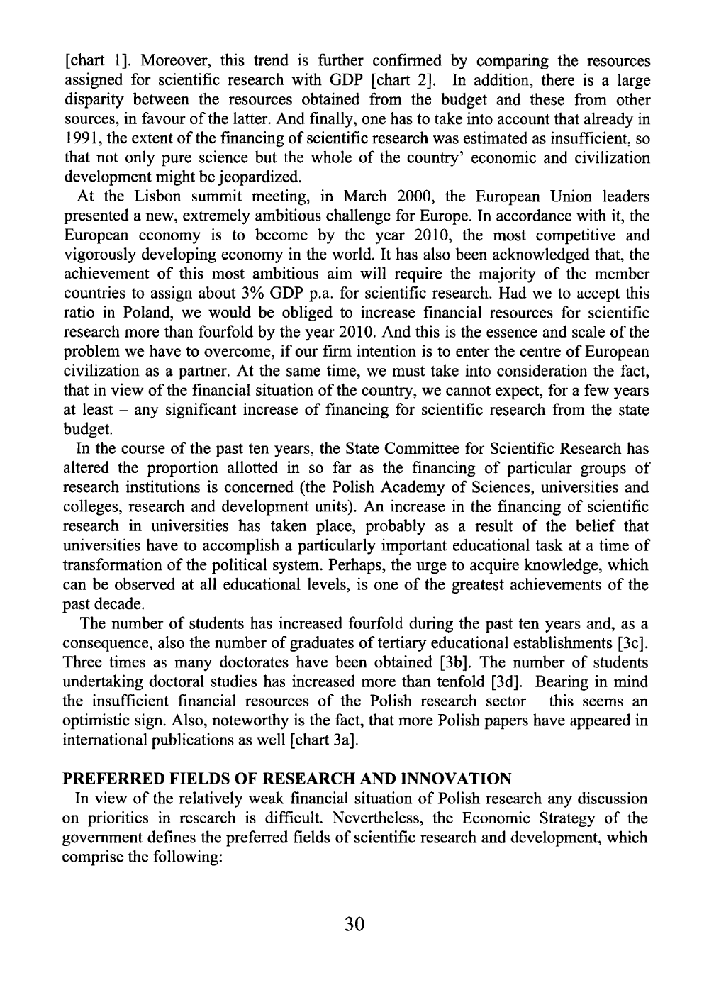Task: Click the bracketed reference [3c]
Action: point(633,643)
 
